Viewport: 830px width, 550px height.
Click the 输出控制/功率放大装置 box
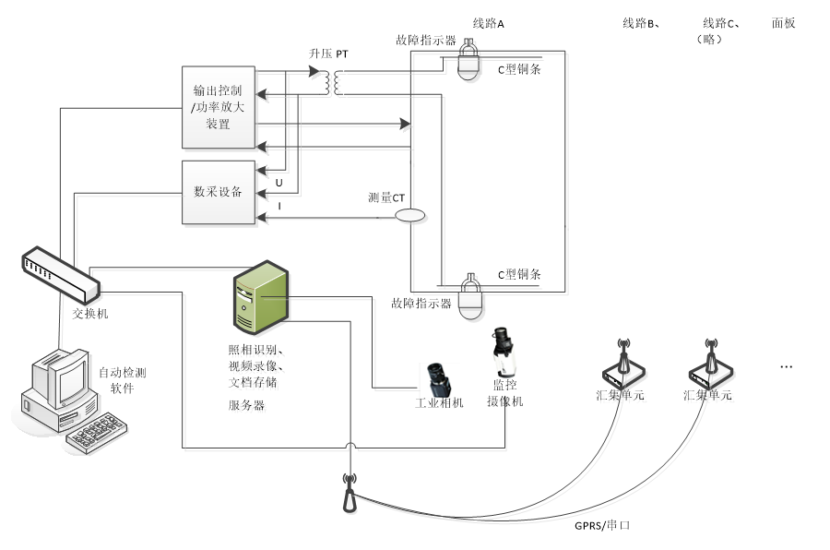[218, 106]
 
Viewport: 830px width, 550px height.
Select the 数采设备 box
[218, 192]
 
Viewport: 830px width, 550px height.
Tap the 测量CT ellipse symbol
[409, 215]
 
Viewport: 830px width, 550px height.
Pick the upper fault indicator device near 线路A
[468, 64]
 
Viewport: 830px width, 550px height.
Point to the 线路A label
[488, 24]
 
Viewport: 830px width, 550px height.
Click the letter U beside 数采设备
[279, 183]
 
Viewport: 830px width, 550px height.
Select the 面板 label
[783, 24]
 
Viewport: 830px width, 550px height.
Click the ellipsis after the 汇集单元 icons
[787, 367]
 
